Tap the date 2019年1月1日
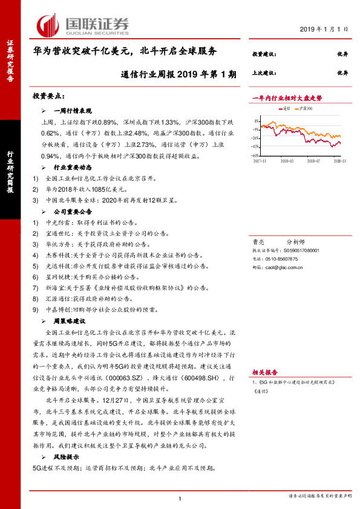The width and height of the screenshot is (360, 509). click(x=324, y=28)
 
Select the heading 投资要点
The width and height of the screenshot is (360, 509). click(x=48, y=96)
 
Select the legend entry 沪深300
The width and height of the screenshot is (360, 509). click(x=304, y=108)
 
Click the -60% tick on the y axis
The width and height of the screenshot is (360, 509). click(x=256, y=155)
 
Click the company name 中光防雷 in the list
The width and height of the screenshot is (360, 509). click(x=57, y=224)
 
